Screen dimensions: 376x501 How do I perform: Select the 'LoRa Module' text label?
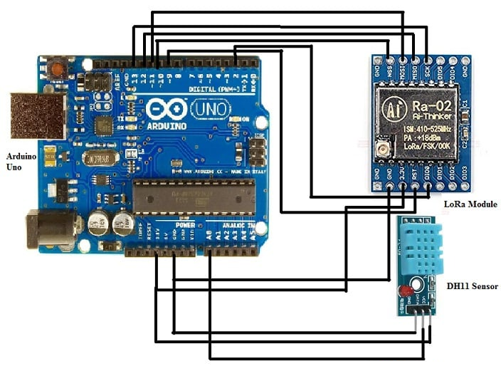coord(470,204)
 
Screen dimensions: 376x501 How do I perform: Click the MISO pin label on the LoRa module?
coord(413,70)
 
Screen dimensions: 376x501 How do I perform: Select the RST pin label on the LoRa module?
coord(414,173)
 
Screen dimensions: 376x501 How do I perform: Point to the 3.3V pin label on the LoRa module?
coord(402,173)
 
